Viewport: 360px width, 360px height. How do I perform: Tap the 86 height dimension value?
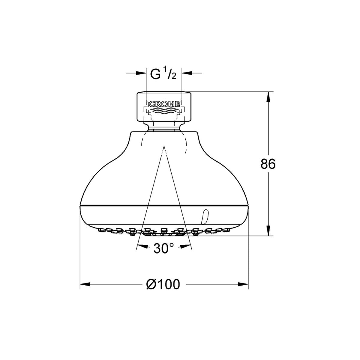[x=268, y=164]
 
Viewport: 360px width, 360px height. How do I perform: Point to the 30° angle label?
[x=164, y=248]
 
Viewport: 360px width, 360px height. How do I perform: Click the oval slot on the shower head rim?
[x=204, y=217]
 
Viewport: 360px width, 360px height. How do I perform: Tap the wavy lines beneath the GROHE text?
[x=164, y=110]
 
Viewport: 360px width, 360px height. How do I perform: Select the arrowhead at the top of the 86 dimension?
[x=268, y=97]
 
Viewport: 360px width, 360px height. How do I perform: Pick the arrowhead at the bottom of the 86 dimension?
[x=268, y=230]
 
